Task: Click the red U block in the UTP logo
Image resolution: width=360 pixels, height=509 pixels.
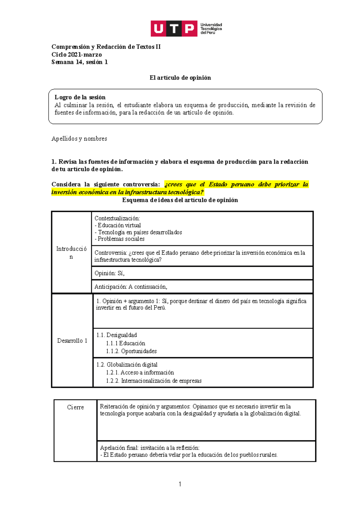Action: (x=158, y=29)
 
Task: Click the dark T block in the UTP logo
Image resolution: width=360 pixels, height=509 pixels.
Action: (x=174, y=29)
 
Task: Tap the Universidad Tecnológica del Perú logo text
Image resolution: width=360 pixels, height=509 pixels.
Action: (x=211, y=29)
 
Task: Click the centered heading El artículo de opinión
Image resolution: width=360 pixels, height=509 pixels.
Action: (x=180, y=78)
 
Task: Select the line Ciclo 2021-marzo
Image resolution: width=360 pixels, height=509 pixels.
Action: (x=76, y=55)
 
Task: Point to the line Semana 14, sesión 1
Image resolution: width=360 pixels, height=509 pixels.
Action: (x=79, y=62)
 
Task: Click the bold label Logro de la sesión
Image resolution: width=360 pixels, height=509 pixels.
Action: (x=80, y=97)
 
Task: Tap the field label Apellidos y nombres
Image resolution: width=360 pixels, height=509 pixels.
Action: (x=79, y=138)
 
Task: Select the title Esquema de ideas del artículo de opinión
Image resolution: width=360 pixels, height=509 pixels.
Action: (x=180, y=200)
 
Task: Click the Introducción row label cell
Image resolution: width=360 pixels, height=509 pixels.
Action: (x=71, y=252)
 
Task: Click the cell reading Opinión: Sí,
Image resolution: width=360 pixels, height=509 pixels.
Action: (x=109, y=273)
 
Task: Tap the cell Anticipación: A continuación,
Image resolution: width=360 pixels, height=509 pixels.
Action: (x=131, y=287)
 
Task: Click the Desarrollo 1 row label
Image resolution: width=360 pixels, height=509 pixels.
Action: (x=72, y=341)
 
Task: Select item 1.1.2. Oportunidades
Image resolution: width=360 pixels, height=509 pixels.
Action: (x=131, y=351)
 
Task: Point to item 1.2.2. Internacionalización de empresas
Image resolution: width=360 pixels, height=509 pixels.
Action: (x=154, y=381)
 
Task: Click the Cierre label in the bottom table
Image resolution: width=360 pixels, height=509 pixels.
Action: (x=75, y=407)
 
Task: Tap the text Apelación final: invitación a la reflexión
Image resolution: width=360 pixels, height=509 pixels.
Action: (x=150, y=448)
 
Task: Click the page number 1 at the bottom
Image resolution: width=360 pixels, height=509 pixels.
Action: (x=180, y=484)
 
